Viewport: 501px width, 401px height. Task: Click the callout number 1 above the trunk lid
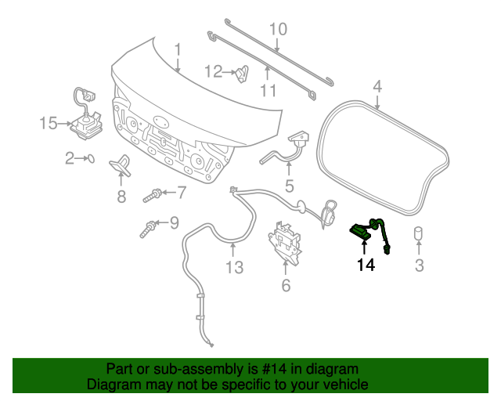point(178,51)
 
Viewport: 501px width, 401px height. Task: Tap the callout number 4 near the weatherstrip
point(377,85)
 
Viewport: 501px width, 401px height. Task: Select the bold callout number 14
point(366,266)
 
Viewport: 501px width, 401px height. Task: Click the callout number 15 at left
point(49,123)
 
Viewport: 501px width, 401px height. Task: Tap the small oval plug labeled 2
point(90,158)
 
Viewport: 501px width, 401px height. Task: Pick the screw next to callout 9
point(148,229)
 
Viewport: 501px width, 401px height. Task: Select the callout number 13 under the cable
point(235,269)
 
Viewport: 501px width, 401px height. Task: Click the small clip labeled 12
point(243,74)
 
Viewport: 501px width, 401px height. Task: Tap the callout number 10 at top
point(278,31)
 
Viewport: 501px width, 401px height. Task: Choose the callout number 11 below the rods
point(269,90)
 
